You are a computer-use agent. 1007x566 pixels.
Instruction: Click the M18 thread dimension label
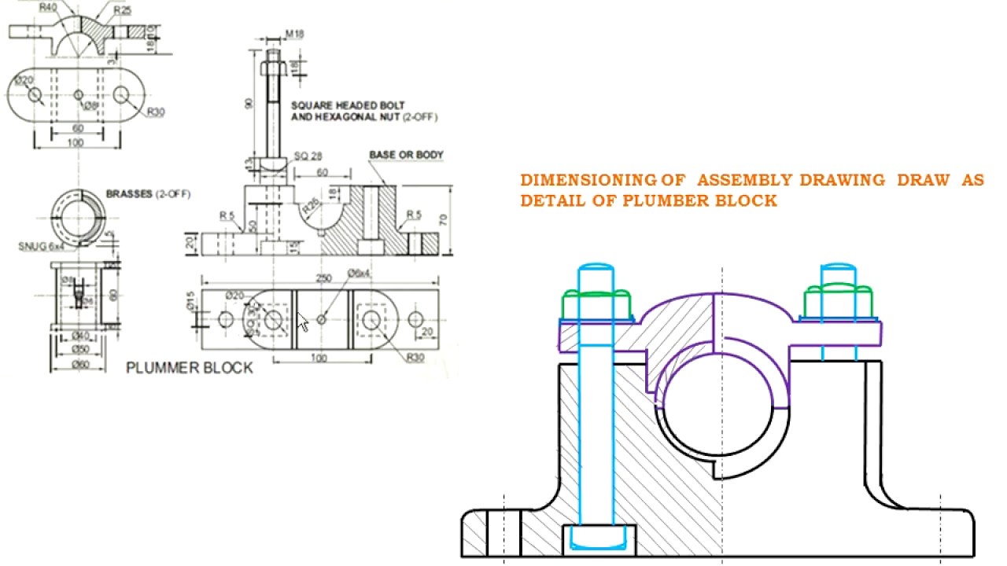click(295, 34)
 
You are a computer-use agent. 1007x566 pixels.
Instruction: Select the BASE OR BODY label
click(406, 155)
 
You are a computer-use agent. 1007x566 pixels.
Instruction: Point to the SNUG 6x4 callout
click(39, 246)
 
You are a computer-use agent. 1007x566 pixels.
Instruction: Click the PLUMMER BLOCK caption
click(190, 368)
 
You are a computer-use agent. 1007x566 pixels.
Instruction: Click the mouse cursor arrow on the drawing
click(303, 322)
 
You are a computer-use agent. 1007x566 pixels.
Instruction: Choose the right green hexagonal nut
click(835, 302)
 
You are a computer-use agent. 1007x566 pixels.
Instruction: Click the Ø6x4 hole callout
click(358, 273)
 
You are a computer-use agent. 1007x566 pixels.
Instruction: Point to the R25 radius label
click(122, 10)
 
